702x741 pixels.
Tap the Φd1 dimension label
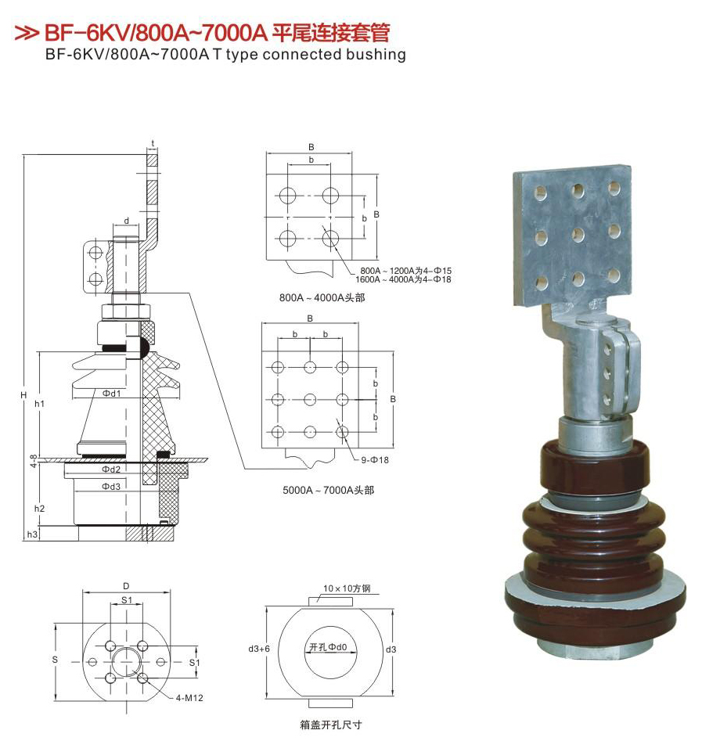(x=112, y=393)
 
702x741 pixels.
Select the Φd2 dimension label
(x=112, y=469)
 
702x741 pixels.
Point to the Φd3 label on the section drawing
(x=112, y=486)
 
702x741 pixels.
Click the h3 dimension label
(x=32, y=534)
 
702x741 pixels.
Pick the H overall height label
(x=23, y=395)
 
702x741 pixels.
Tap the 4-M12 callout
(x=189, y=698)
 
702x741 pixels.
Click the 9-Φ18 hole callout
(x=375, y=460)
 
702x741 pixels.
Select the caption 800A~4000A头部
(x=322, y=297)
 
